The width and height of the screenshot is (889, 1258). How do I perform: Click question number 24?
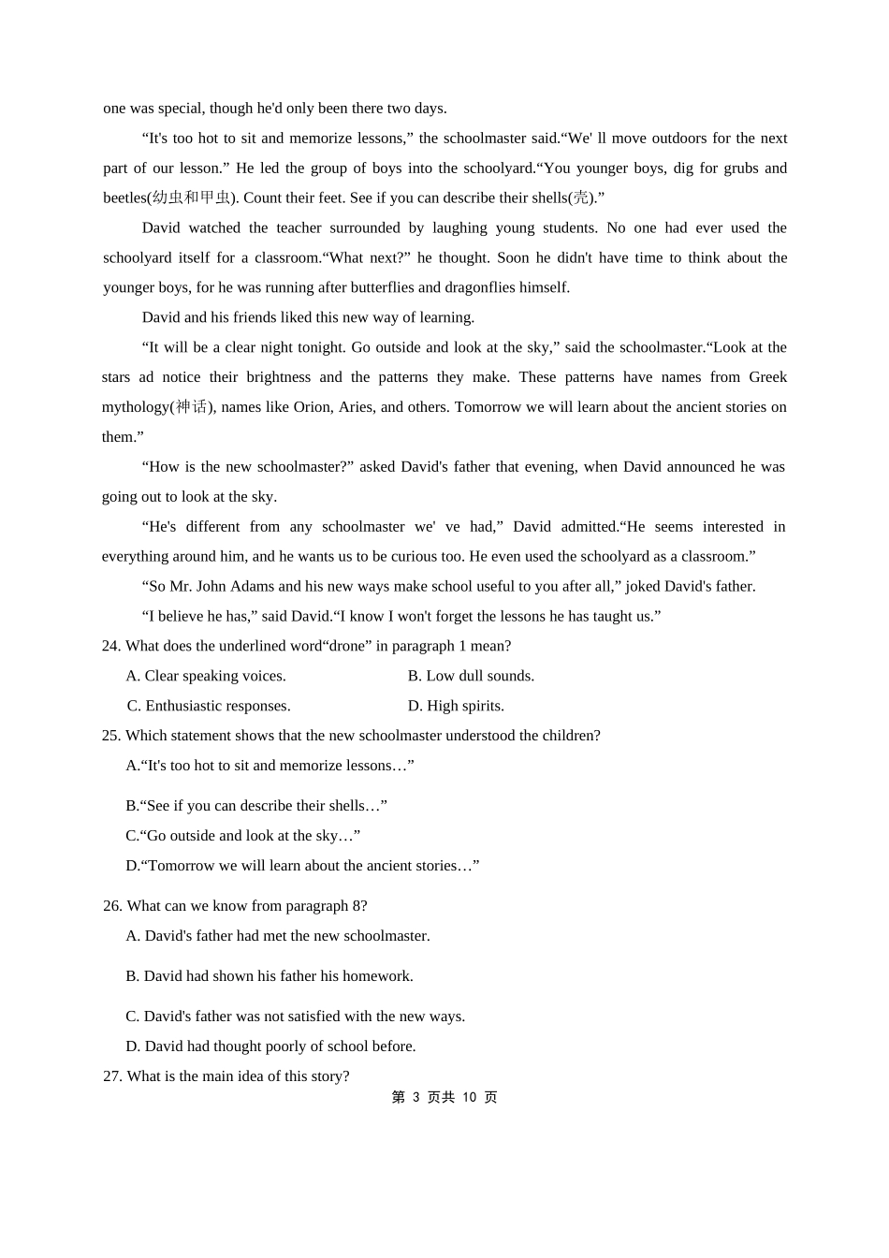click(111, 646)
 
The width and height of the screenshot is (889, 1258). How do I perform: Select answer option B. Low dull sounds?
click(471, 676)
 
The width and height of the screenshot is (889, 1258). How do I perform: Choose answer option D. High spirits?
click(456, 706)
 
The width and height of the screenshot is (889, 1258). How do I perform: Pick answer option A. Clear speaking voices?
click(206, 676)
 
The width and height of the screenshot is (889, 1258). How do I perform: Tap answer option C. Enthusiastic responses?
click(209, 706)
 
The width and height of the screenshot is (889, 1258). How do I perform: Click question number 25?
click(111, 736)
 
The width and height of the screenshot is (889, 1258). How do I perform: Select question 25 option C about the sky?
click(242, 836)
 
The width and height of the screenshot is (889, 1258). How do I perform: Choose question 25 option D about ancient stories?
click(302, 866)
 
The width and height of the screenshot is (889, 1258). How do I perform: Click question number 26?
click(112, 906)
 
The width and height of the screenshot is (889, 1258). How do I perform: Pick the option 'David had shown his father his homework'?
click(270, 976)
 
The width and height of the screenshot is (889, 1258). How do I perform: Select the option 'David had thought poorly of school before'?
click(270, 1046)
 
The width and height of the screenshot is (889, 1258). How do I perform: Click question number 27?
click(112, 1076)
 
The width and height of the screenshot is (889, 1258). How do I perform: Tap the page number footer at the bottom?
click(444, 1097)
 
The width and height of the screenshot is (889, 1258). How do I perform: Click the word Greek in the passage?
click(767, 377)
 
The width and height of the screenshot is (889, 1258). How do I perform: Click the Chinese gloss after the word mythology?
click(192, 407)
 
